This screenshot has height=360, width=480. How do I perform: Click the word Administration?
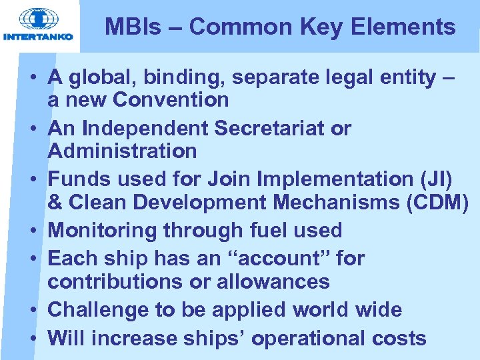[122, 151]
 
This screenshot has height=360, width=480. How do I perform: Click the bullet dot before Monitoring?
[33, 231]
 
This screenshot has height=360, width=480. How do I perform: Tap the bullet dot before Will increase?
[33, 338]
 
